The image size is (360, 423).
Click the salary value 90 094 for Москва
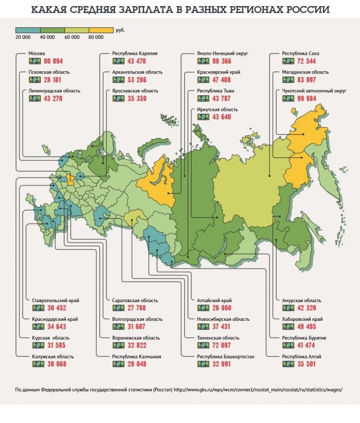click(x=53, y=61)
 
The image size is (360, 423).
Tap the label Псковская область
click(x=49, y=72)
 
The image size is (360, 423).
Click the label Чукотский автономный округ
click(x=314, y=91)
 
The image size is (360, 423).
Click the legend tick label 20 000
click(x=23, y=37)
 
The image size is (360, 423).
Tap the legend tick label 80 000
click(x=96, y=37)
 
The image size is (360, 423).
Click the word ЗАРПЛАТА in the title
click(x=149, y=10)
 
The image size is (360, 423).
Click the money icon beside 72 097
click(x=203, y=345)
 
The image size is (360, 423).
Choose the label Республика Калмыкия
click(x=137, y=356)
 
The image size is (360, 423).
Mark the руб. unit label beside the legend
click(x=120, y=30)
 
